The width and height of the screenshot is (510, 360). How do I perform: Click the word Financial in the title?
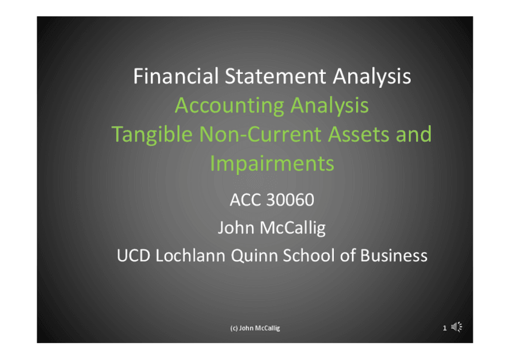pyautogui.click(x=176, y=76)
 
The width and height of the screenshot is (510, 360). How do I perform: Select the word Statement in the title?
pyautogui.click(x=275, y=76)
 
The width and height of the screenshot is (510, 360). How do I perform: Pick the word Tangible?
pyautogui.click(x=152, y=135)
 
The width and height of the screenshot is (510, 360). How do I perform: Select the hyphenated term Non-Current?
pyautogui.click(x=260, y=134)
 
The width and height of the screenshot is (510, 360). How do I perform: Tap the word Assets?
pyautogui.click(x=358, y=134)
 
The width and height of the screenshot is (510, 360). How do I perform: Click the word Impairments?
pyautogui.click(x=272, y=163)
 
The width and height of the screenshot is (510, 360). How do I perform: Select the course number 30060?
pyautogui.click(x=290, y=200)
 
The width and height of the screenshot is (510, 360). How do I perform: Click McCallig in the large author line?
pyautogui.click(x=293, y=228)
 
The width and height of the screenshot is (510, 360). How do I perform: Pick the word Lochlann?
pyautogui.click(x=190, y=255)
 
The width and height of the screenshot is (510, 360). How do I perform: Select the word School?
pyautogui.click(x=309, y=255)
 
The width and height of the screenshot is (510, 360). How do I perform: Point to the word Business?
pyautogui.click(x=393, y=255)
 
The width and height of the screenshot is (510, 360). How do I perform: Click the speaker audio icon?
pyautogui.click(x=456, y=327)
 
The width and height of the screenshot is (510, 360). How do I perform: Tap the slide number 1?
pyautogui.click(x=444, y=328)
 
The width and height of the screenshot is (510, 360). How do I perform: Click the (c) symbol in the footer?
pyautogui.click(x=234, y=328)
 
